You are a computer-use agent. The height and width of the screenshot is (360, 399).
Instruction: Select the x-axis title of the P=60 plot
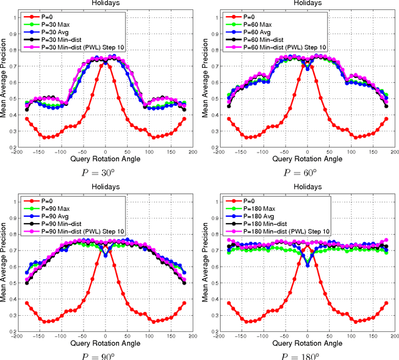[306, 159]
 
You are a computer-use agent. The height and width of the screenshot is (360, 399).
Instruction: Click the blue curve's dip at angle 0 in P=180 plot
[307, 266]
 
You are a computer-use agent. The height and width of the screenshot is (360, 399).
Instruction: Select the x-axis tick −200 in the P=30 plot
[18, 152]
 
